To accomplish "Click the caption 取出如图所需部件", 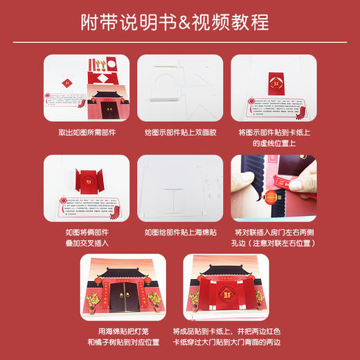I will pyautogui.click(x=86, y=132).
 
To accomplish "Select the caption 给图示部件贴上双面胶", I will pyautogui.click(x=180, y=132).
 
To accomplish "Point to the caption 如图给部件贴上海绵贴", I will pyautogui.click(x=180, y=233).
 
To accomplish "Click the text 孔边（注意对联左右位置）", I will pyautogui.click(x=275, y=244).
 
